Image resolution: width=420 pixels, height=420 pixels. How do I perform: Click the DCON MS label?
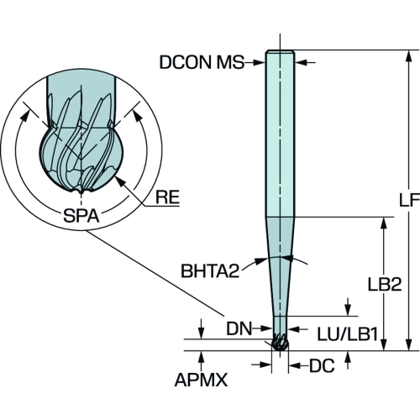202,62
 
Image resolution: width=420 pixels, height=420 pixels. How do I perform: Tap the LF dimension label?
409,200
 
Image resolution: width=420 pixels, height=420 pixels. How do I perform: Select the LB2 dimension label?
385,285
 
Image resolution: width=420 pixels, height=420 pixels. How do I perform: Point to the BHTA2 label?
210,270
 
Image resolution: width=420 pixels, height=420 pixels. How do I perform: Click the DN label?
239,328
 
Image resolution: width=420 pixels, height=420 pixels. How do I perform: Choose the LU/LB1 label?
348,334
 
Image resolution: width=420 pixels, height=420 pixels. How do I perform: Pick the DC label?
322,365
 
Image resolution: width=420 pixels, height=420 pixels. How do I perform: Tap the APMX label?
201,380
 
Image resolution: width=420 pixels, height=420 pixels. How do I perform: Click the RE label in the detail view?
167,197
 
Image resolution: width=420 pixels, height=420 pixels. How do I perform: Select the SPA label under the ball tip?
81,216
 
